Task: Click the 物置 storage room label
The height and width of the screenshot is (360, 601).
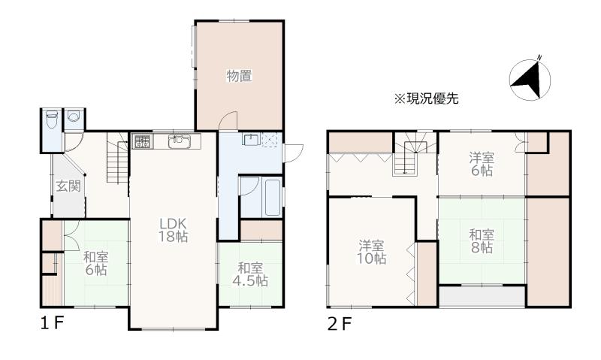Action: (x=239, y=76)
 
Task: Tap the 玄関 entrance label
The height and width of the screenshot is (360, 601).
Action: (x=68, y=186)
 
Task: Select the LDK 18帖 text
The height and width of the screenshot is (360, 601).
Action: (x=173, y=230)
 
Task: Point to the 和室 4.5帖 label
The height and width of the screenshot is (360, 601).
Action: (x=250, y=274)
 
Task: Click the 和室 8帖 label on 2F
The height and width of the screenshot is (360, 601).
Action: (x=482, y=241)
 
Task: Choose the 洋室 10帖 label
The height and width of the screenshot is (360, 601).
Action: (x=371, y=252)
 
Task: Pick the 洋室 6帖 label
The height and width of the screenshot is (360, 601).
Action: (x=482, y=164)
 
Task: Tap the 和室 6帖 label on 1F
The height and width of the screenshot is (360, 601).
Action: (x=96, y=263)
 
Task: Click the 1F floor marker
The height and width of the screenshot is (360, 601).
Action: (x=52, y=324)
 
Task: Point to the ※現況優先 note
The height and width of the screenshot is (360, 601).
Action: (x=426, y=98)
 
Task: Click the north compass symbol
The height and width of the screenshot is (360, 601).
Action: (x=530, y=80)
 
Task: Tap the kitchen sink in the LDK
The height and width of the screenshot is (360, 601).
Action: (x=180, y=141)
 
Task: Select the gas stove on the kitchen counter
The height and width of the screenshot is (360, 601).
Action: (x=142, y=141)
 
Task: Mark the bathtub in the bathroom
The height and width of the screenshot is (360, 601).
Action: (x=273, y=197)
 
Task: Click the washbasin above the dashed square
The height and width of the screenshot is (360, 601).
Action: (x=251, y=139)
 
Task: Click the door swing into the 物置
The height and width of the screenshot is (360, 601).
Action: (x=228, y=120)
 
